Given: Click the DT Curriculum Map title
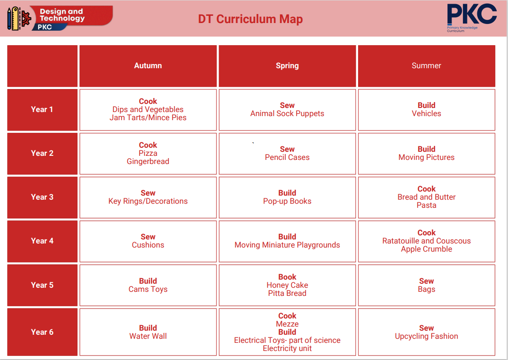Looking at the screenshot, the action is pyautogui.click(x=251, y=19).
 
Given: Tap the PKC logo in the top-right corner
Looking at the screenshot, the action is pyautogui.click(x=472, y=18).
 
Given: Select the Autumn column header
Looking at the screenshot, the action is pyautogui.click(x=148, y=66).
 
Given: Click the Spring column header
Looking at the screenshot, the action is pyautogui.click(x=287, y=66).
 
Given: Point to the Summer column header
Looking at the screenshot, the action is pyautogui.click(x=426, y=66).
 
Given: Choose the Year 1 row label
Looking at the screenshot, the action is pyautogui.click(x=42, y=109).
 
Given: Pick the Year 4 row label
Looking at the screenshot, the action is pyautogui.click(x=42, y=241).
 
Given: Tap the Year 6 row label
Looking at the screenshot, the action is pyautogui.click(x=42, y=332).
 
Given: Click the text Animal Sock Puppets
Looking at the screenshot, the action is pyautogui.click(x=287, y=114).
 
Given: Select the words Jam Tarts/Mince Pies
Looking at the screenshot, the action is pyautogui.click(x=148, y=117).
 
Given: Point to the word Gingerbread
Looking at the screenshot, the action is pyautogui.click(x=148, y=161).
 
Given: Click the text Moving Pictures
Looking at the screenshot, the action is pyautogui.click(x=426, y=158).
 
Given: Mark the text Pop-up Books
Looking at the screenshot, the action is pyautogui.click(x=287, y=201).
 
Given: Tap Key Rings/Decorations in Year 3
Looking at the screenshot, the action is pyautogui.click(x=148, y=201).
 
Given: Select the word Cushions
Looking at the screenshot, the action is pyautogui.click(x=148, y=245).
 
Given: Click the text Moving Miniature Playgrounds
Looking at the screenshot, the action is pyautogui.click(x=287, y=245).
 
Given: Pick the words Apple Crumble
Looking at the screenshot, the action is pyautogui.click(x=426, y=249).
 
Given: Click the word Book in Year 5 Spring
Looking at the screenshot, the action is pyautogui.click(x=287, y=277).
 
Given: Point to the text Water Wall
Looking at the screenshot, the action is pyautogui.click(x=148, y=337).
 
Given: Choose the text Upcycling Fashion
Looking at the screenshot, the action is pyautogui.click(x=426, y=337).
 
